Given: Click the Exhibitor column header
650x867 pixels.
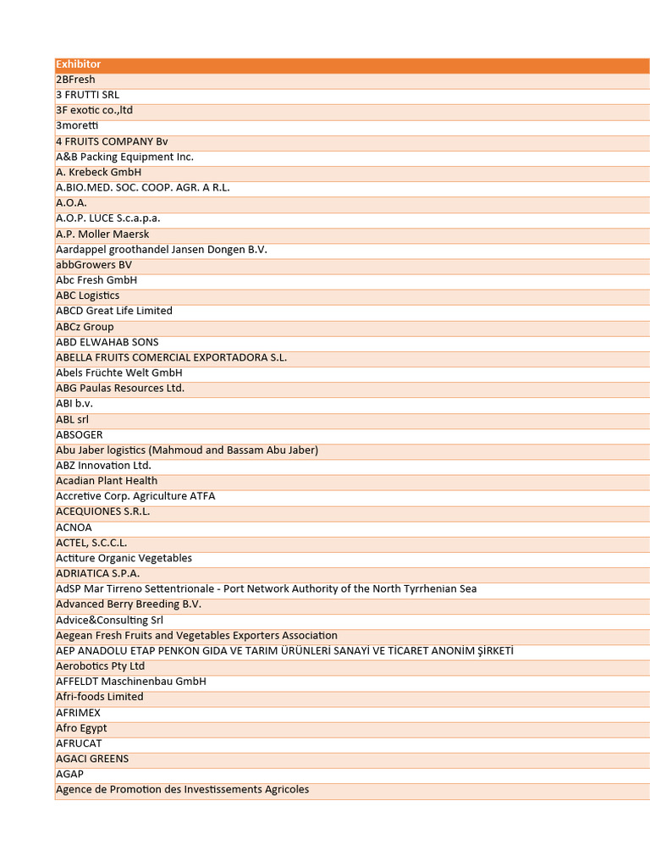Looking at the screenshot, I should tap(78, 64).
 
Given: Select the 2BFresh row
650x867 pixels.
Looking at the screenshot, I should tap(75, 80).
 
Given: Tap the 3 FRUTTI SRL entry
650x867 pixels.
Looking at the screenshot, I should tap(87, 95).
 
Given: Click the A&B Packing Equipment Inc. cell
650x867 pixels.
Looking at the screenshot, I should tap(124, 157).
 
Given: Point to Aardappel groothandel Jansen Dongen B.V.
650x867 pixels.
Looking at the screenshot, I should tap(161, 250).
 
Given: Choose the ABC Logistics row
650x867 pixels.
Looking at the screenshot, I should tap(87, 295).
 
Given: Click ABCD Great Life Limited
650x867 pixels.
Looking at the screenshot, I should tap(113, 311).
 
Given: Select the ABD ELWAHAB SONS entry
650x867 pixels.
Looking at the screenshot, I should tap(107, 342).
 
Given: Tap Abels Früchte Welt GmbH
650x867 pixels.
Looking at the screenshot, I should tap(118, 373).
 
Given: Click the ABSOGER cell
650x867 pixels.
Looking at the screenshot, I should tap(79, 434).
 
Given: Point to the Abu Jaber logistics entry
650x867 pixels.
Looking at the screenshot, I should tap(186, 450).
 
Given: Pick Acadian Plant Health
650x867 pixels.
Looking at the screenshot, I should tap(107, 481).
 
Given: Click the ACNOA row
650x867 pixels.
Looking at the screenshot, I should tap(74, 527).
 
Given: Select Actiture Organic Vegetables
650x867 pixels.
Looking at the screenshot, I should tap(124, 558).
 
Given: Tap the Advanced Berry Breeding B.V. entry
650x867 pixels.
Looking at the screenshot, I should tap(129, 605).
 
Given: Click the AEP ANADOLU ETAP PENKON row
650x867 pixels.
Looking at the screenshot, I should tap(284, 651).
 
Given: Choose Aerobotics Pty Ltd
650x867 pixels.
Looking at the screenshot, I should tap(100, 666).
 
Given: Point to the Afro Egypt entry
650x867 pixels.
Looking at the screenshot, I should tap(81, 728).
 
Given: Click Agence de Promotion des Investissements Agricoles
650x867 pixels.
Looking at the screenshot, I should tap(182, 790).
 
